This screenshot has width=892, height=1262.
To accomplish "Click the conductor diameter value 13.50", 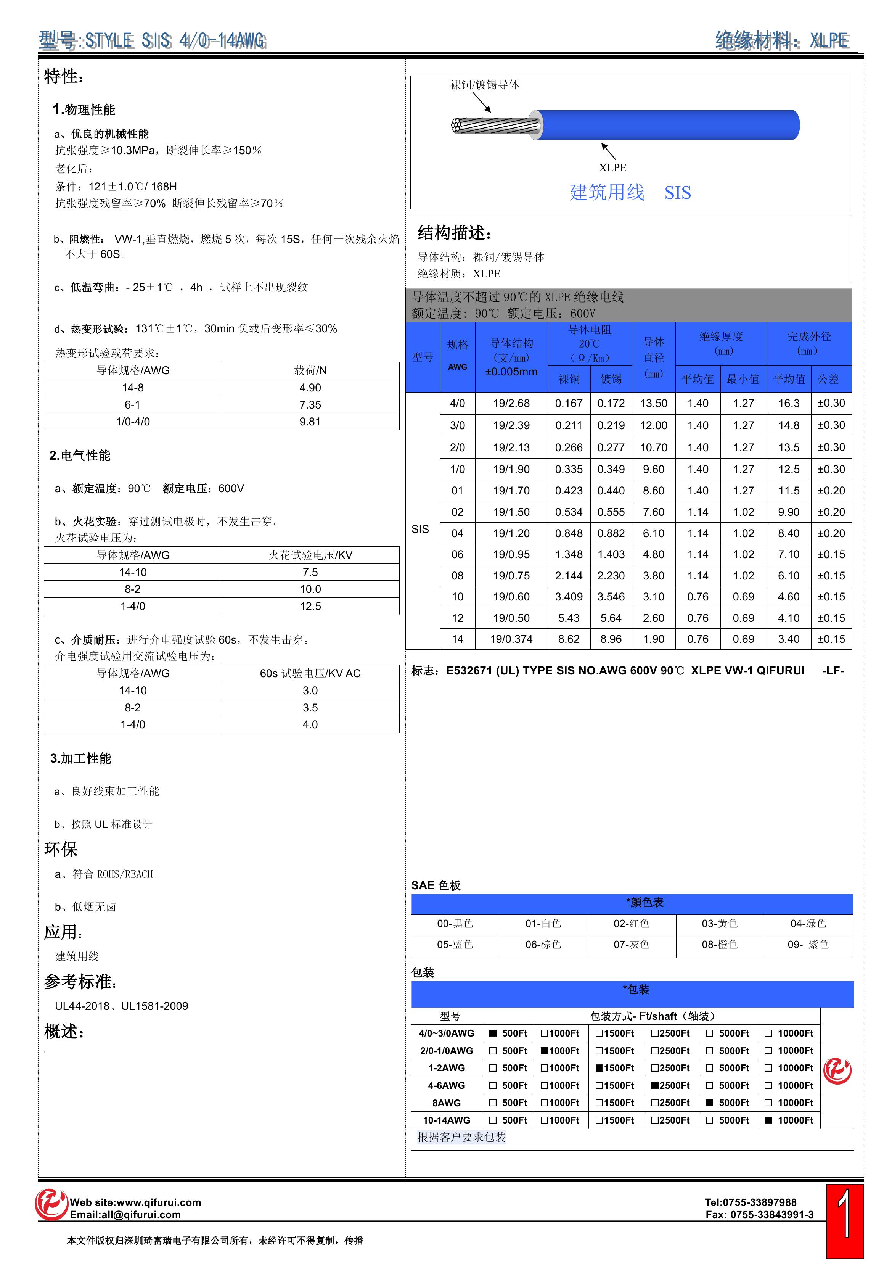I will click(x=654, y=404).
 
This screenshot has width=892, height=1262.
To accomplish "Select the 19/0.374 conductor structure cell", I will click(x=511, y=639).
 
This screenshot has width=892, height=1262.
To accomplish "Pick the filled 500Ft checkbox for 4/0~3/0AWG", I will click(x=493, y=1033).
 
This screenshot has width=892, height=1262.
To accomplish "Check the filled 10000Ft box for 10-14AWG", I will click(x=768, y=1120).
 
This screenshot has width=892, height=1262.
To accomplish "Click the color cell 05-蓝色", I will click(x=455, y=944).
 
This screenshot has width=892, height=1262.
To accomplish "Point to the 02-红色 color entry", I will click(x=632, y=923).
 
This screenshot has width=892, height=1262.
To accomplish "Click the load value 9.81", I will click(x=310, y=422).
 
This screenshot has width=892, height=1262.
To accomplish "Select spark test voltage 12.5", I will click(x=310, y=606).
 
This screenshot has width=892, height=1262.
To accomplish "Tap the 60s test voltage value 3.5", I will click(x=310, y=707).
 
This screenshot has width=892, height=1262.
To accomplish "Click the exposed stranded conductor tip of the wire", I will click(x=456, y=125).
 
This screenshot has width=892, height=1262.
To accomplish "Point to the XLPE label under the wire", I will click(x=612, y=167).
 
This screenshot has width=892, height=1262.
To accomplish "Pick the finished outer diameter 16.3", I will click(x=788, y=404).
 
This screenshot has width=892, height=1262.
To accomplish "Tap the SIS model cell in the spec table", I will click(x=420, y=529).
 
